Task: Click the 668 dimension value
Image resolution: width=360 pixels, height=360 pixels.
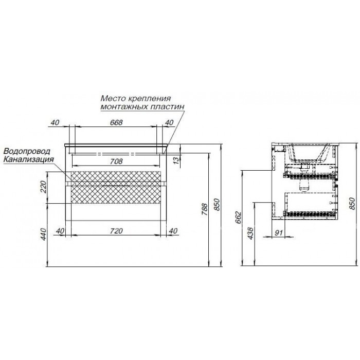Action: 116,122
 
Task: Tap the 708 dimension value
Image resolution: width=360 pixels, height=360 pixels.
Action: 116,161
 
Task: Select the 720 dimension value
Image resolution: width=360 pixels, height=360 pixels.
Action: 116,231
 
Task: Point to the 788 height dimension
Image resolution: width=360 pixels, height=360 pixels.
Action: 204,209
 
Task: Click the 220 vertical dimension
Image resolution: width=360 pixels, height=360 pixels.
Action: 43,187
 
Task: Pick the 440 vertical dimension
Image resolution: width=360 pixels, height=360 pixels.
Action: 43,234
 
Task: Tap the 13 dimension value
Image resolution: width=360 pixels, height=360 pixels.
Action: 176,159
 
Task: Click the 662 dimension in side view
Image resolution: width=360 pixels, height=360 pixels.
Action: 238,218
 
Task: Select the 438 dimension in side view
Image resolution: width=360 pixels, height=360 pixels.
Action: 250,233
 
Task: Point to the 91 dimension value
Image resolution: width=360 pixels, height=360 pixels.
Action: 278,233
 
